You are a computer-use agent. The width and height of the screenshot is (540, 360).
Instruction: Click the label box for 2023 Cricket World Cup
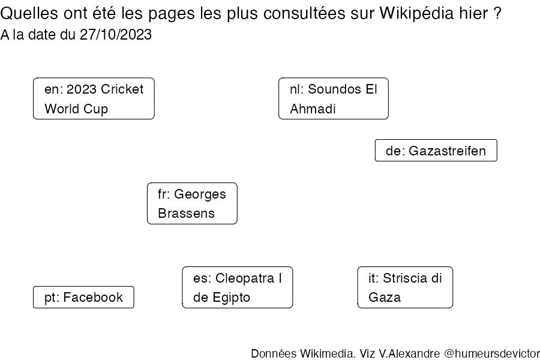[94, 98]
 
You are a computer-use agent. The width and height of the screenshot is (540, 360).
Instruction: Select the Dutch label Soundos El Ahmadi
[334, 98]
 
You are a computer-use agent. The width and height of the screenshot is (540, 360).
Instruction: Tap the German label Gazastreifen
[436, 150]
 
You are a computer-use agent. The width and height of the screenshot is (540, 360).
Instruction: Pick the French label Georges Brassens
[192, 203]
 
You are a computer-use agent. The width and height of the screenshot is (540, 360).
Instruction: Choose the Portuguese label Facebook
[83, 297]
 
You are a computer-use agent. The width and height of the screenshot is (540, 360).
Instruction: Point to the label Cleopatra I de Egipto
[238, 287]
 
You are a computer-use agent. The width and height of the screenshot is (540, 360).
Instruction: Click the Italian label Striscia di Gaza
[406, 287]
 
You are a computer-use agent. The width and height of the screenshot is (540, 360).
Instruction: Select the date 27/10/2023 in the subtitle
[116, 34]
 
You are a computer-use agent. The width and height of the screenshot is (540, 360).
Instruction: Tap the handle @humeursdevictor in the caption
[492, 353]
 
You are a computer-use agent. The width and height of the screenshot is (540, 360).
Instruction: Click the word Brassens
[187, 213]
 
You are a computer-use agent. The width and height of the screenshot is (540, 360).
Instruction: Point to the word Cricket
[122, 89]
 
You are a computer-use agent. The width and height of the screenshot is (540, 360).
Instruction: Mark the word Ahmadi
[313, 109]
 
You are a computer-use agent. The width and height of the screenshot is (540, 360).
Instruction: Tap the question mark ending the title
[497, 13]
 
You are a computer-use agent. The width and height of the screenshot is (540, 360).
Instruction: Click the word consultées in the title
[304, 13]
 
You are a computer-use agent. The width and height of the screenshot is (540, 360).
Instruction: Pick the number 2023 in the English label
[82, 89]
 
